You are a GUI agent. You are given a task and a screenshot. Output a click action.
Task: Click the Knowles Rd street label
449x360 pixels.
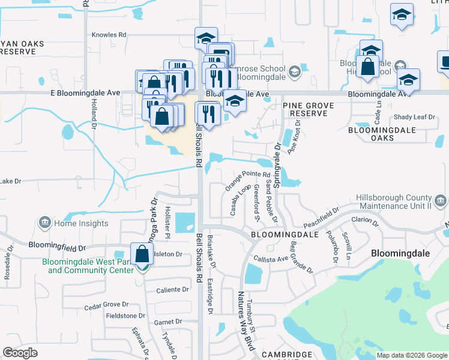(x=109, y=35)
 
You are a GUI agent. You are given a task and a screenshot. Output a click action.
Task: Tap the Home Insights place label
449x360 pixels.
(x=81, y=224)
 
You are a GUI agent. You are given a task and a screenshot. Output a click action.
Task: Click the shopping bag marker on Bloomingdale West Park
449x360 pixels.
(x=142, y=256)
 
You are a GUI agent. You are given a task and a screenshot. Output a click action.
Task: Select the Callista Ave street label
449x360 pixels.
(x=271, y=259)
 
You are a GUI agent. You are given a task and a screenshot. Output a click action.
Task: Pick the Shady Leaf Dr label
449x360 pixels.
(x=414, y=118)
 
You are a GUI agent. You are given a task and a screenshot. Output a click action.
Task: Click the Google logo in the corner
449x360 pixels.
(x=20, y=353)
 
